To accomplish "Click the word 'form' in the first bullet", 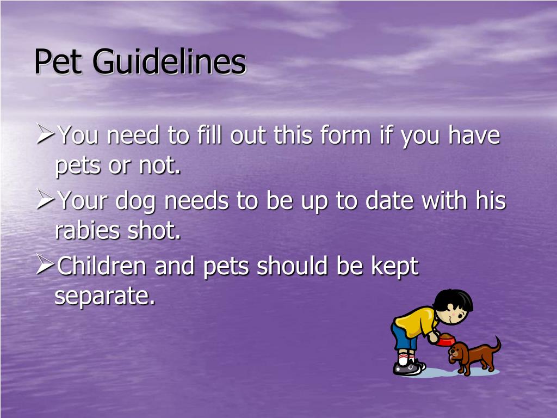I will coord(338,135).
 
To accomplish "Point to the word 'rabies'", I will coord(87,231).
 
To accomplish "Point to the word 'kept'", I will coord(394,267).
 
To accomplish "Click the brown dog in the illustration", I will coord(471,356).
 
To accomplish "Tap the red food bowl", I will coord(444,341).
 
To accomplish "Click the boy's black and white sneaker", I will coord(407,368).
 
